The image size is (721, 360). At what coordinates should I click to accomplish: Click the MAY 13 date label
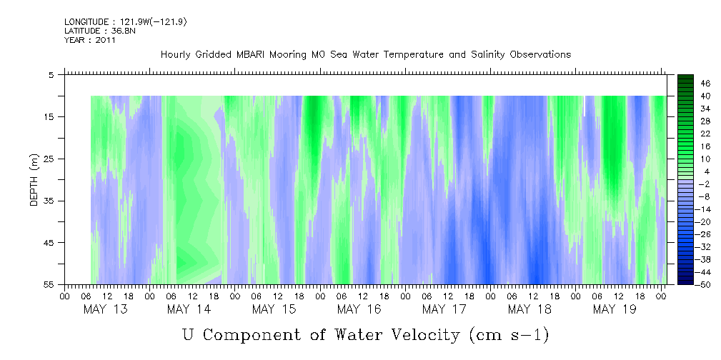click(105, 309)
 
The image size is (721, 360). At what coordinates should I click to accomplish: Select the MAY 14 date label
click(189, 309)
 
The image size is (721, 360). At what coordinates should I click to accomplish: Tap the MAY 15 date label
click(274, 309)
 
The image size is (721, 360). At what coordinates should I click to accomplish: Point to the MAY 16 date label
click(359, 309)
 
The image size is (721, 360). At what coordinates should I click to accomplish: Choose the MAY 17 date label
click(444, 309)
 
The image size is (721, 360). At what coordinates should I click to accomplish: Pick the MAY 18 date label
click(529, 309)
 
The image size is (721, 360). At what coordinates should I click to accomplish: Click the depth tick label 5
click(51, 75)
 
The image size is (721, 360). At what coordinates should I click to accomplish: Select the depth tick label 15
click(49, 117)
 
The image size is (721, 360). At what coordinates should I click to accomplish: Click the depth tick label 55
click(49, 285)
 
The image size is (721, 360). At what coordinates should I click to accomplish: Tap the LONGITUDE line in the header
click(125, 22)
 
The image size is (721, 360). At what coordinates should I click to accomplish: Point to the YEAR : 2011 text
click(89, 40)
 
